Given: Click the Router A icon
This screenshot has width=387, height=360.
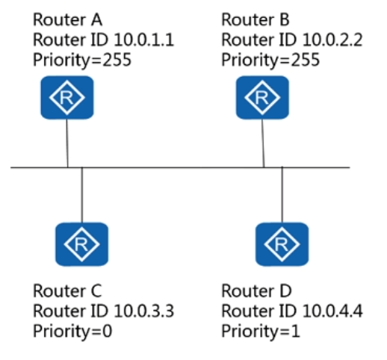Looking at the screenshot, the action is point(67,98).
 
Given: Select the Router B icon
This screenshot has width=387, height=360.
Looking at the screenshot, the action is point(262,98).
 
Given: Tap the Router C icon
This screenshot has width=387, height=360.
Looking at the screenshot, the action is point(81,244).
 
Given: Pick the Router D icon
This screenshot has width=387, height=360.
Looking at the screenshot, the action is point(282,244).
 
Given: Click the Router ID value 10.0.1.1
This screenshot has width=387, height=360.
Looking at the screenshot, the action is point(144,40).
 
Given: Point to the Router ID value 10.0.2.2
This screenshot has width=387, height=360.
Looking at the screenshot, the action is point(332,40).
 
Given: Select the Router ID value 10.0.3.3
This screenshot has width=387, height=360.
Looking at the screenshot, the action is point(144,311).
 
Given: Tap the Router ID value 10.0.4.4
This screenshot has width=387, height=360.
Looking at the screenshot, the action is point(332,311).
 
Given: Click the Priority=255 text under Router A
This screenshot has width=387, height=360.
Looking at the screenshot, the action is point(82,60).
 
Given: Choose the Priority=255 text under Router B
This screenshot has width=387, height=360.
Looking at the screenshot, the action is point(270,60).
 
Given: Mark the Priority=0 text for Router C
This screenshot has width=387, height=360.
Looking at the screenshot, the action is point(72,332).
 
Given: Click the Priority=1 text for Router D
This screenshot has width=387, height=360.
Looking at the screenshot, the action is point(261,332).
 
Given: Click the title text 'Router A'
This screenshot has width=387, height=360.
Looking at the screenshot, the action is point(67,19).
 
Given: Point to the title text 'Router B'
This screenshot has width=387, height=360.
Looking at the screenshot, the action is point(256,19).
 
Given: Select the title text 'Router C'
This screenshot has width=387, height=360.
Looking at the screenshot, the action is point(67,291).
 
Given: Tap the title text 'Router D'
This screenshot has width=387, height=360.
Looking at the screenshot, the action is point(256,291).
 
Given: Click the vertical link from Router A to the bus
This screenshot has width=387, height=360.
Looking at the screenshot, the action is point(67,143).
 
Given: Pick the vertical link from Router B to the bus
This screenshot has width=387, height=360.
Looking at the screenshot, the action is point(263,143).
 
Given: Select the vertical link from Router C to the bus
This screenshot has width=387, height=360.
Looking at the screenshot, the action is point(82,195).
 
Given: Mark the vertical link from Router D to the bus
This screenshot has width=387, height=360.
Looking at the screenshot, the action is point(282,194).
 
